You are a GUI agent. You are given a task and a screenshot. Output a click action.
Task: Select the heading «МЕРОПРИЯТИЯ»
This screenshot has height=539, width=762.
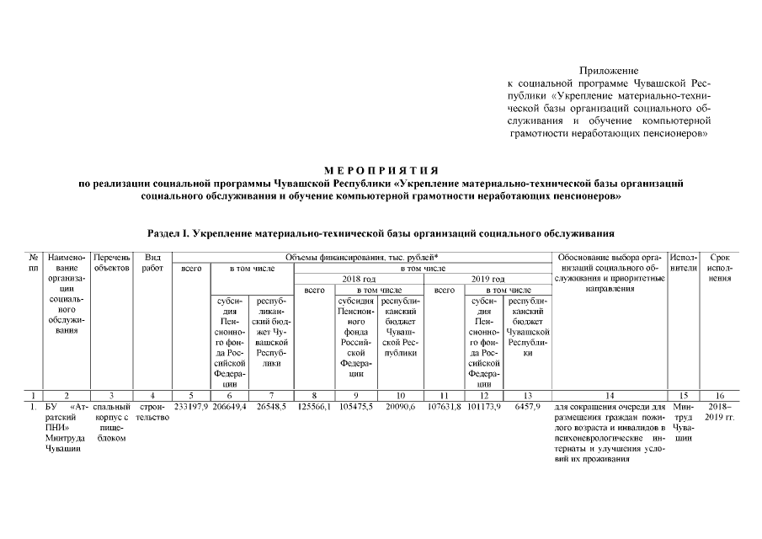pyautogui.click(x=381, y=171)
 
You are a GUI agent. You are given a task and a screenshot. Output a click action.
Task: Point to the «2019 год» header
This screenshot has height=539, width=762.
pyautogui.click(x=487, y=278)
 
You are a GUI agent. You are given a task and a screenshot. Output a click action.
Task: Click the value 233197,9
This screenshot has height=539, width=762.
pyautogui.click(x=189, y=406)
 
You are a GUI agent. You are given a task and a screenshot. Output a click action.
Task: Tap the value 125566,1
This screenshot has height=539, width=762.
pyautogui.click(x=313, y=406)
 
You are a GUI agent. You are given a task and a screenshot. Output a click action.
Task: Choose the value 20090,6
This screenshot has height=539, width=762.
pyautogui.click(x=399, y=406)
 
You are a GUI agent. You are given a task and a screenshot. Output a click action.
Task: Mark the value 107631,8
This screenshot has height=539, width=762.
pyautogui.click(x=444, y=406)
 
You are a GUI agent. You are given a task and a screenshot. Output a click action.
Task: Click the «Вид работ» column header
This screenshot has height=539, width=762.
pyautogui.click(x=152, y=262)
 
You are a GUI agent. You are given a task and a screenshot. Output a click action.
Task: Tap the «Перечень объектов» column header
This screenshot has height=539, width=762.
pyautogui.click(x=111, y=262)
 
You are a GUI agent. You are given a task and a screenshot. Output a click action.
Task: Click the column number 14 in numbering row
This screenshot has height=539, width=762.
pyautogui.click(x=610, y=394)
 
